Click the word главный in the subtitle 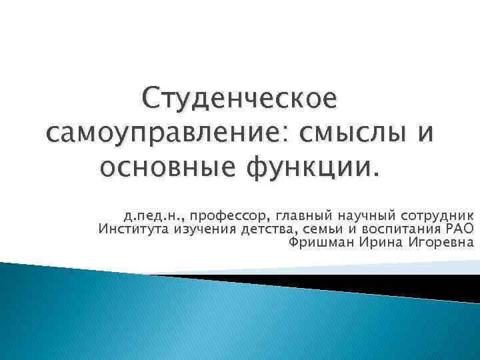point(303,216)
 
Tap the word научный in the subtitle point(366,216)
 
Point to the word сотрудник point(437,216)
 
